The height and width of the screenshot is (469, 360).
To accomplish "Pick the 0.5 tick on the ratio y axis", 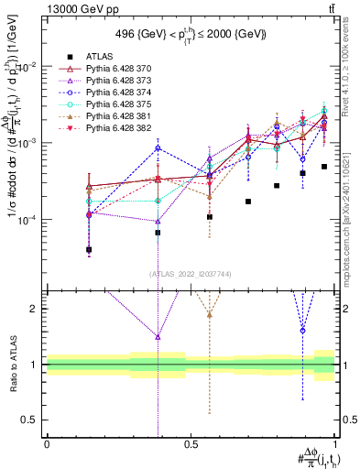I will (32, 420).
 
